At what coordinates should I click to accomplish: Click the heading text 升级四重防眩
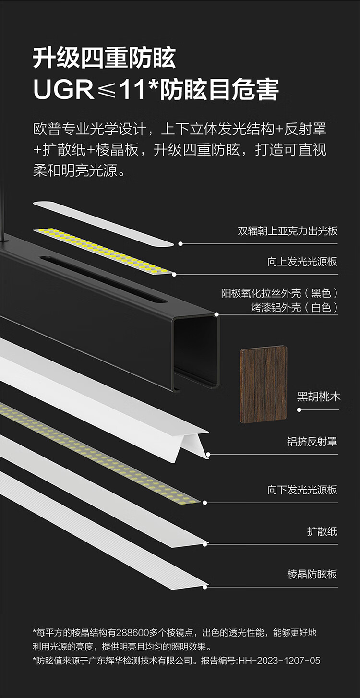(104, 58)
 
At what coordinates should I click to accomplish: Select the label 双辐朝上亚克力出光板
(288, 231)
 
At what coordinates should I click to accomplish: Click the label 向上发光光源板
(302, 262)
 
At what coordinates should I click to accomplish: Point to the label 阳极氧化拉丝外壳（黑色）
(279, 293)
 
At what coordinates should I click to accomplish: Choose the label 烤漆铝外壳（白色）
(294, 307)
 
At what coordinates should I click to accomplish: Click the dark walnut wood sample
(263, 385)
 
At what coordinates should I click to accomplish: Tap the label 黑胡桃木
(318, 397)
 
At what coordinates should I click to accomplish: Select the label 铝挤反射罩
(312, 442)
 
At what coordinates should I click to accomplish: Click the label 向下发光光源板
(302, 490)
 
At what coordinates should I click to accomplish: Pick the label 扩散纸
(322, 531)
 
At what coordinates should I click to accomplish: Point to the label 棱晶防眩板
(312, 574)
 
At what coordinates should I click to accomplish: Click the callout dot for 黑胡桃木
(300, 410)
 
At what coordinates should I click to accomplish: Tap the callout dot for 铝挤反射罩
(208, 454)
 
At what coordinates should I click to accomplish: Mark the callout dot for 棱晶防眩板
(206, 586)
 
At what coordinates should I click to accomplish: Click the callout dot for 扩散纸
(206, 544)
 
